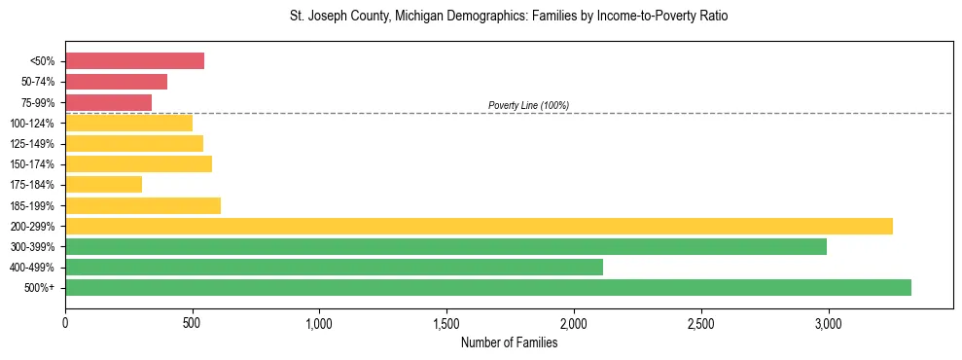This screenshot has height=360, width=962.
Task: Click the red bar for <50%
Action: [x=134, y=61]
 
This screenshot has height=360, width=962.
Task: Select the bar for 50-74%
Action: [x=116, y=82]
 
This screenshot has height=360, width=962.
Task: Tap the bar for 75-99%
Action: [x=108, y=102]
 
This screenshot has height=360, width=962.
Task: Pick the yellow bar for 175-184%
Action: [x=103, y=185]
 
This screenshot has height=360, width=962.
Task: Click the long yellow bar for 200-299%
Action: [x=479, y=226]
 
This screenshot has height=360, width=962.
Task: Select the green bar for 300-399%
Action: [x=445, y=247]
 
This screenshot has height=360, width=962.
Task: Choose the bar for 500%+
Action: [x=487, y=288]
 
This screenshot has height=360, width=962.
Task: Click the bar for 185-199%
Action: [x=143, y=205]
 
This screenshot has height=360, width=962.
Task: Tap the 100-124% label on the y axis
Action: [x=32, y=124]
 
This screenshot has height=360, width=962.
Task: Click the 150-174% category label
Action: [x=32, y=164]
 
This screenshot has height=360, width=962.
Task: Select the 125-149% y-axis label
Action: [x=32, y=144]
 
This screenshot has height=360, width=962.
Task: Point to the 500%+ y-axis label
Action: [x=39, y=288]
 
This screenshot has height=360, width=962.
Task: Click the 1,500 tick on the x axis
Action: [x=446, y=323]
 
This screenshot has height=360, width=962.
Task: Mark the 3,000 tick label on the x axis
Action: [x=828, y=323]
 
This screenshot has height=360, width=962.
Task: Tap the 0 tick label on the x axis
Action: [x=65, y=323]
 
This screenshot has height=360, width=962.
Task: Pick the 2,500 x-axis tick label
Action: [x=700, y=323]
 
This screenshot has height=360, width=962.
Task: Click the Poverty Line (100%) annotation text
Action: [x=528, y=105]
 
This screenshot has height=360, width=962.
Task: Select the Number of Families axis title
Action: [x=509, y=342]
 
